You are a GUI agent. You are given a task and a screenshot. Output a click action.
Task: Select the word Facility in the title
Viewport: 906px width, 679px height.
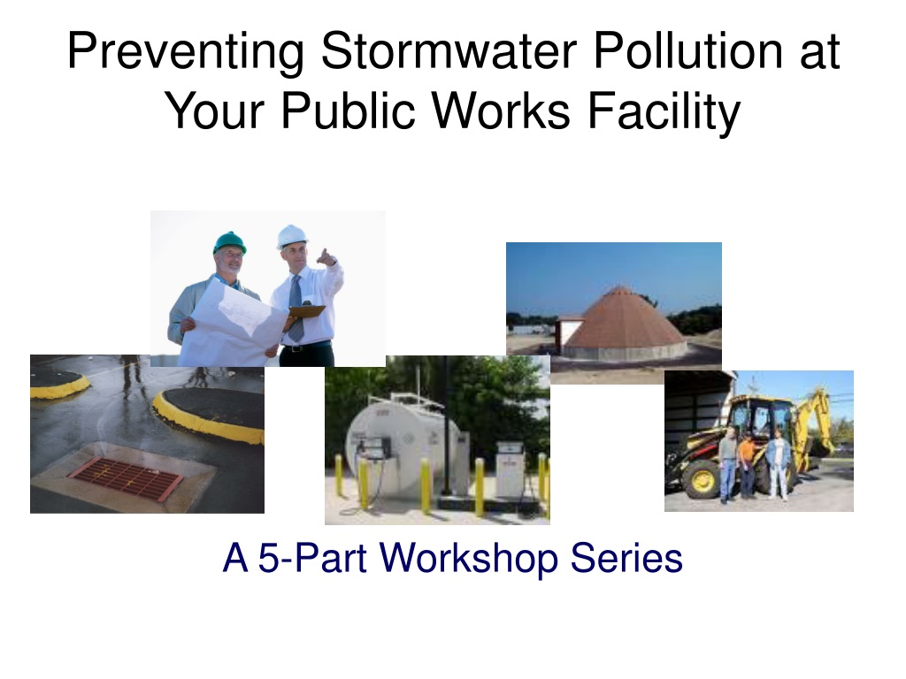(664, 111)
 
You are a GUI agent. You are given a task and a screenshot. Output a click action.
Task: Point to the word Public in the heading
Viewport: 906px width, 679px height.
(348, 111)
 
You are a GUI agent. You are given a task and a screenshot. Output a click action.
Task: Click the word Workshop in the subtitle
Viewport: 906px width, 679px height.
(469, 559)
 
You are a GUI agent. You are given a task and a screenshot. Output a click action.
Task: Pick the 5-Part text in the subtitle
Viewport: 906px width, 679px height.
(312, 559)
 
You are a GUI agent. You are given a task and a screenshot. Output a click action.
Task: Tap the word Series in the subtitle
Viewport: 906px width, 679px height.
(626, 559)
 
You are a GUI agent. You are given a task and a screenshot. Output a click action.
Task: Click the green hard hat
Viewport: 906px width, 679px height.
(229, 242)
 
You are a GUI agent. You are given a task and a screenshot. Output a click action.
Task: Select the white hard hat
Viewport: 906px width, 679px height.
(292, 236)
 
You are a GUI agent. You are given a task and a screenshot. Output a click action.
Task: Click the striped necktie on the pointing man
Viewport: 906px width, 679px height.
(296, 309)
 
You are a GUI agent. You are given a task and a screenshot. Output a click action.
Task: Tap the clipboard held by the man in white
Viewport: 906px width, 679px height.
(305, 312)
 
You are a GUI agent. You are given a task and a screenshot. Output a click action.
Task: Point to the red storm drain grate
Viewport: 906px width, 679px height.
(127, 477)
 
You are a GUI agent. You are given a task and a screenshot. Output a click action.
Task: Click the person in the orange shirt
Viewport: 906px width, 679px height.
(747, 465)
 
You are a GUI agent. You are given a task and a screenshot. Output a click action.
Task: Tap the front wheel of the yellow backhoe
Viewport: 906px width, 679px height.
(700, 480)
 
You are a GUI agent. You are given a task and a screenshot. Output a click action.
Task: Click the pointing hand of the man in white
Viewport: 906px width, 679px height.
(326, 257)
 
